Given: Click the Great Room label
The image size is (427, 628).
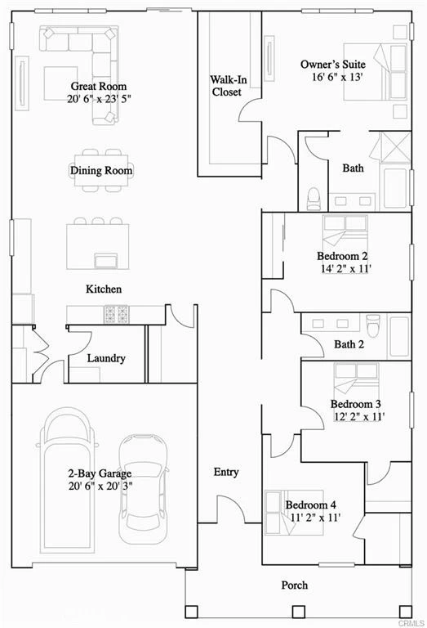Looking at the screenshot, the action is (99, 86).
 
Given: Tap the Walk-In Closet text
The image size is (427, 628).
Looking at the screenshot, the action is (229, 86).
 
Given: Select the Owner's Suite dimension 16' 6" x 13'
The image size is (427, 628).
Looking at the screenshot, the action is (337, 77).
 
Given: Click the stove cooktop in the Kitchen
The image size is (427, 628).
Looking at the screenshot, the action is (117, 314).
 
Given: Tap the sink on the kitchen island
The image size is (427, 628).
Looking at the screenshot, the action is (106, 260).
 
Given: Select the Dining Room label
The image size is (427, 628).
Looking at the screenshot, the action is (101, 170).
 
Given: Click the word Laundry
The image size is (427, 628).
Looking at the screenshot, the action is (106, 358).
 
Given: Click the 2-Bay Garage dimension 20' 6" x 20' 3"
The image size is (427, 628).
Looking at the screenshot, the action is (100, 487).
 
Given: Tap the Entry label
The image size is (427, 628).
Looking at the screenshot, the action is (226, 472).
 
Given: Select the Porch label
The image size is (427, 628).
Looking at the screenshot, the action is (295, 585).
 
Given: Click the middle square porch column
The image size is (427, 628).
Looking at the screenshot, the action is (299, 612).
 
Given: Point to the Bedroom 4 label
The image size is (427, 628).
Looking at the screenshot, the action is (310, 505).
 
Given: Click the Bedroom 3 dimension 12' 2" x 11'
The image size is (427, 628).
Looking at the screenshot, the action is (359, 416).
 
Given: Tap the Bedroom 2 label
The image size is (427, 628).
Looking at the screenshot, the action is (342, 255).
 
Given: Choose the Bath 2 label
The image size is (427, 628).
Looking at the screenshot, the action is (349, 344).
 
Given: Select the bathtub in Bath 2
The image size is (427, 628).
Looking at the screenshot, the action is (399, 336).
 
